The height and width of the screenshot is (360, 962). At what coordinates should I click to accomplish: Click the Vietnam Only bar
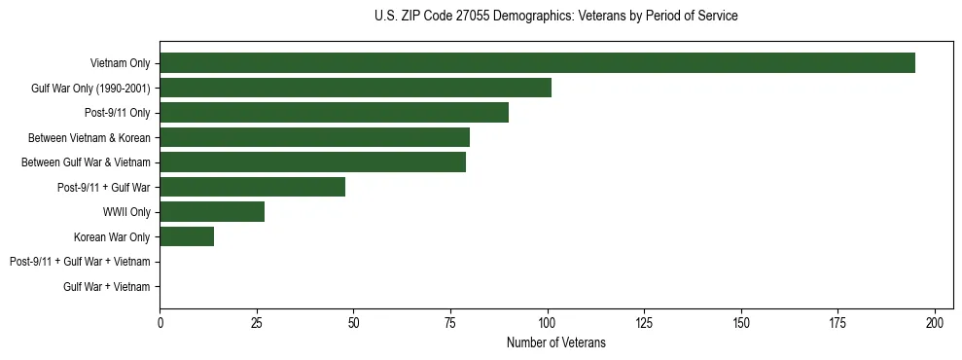pos(537,63)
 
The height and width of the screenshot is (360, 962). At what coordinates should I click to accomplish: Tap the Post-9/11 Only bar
pos(334,113)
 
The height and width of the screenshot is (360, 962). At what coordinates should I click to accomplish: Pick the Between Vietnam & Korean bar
pos(314,137)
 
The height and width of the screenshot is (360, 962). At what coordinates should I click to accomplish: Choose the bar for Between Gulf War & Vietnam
pos(312,162)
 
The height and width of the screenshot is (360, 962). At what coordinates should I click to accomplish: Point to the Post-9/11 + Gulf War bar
pos(252,187)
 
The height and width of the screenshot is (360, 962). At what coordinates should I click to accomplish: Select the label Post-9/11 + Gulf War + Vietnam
pos(80,262)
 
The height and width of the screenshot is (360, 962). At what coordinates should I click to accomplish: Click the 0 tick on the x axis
pos(160,321)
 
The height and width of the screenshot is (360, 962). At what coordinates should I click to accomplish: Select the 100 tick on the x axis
pos(548,321)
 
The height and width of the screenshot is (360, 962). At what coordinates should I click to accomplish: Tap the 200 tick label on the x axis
pos(935,321)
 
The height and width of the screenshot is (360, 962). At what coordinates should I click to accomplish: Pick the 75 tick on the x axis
pos(450,321)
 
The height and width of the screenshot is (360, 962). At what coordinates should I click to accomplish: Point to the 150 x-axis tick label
pos(741,321)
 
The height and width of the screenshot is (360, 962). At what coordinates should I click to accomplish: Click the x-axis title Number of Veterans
pos(555,342)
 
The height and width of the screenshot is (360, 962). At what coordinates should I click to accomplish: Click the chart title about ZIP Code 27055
pos(555,17)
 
